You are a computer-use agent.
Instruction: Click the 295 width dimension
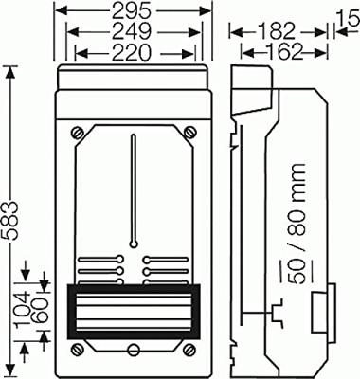pyautogui.click(x=131, y=11)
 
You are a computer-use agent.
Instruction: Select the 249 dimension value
pyautogui.click(x=132, y=32)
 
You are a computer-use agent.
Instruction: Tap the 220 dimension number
pyautogui.click(x=131, y=52)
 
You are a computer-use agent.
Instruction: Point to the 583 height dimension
pyautogui.click(x=11, y=220)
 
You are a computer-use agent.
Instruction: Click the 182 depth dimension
pyautogui.click(x=276, y=32)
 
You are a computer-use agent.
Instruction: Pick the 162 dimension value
pyautogui.click(x=283, y=52)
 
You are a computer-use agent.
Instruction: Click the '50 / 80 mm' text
pyautogui.click(x=297, y=224)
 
